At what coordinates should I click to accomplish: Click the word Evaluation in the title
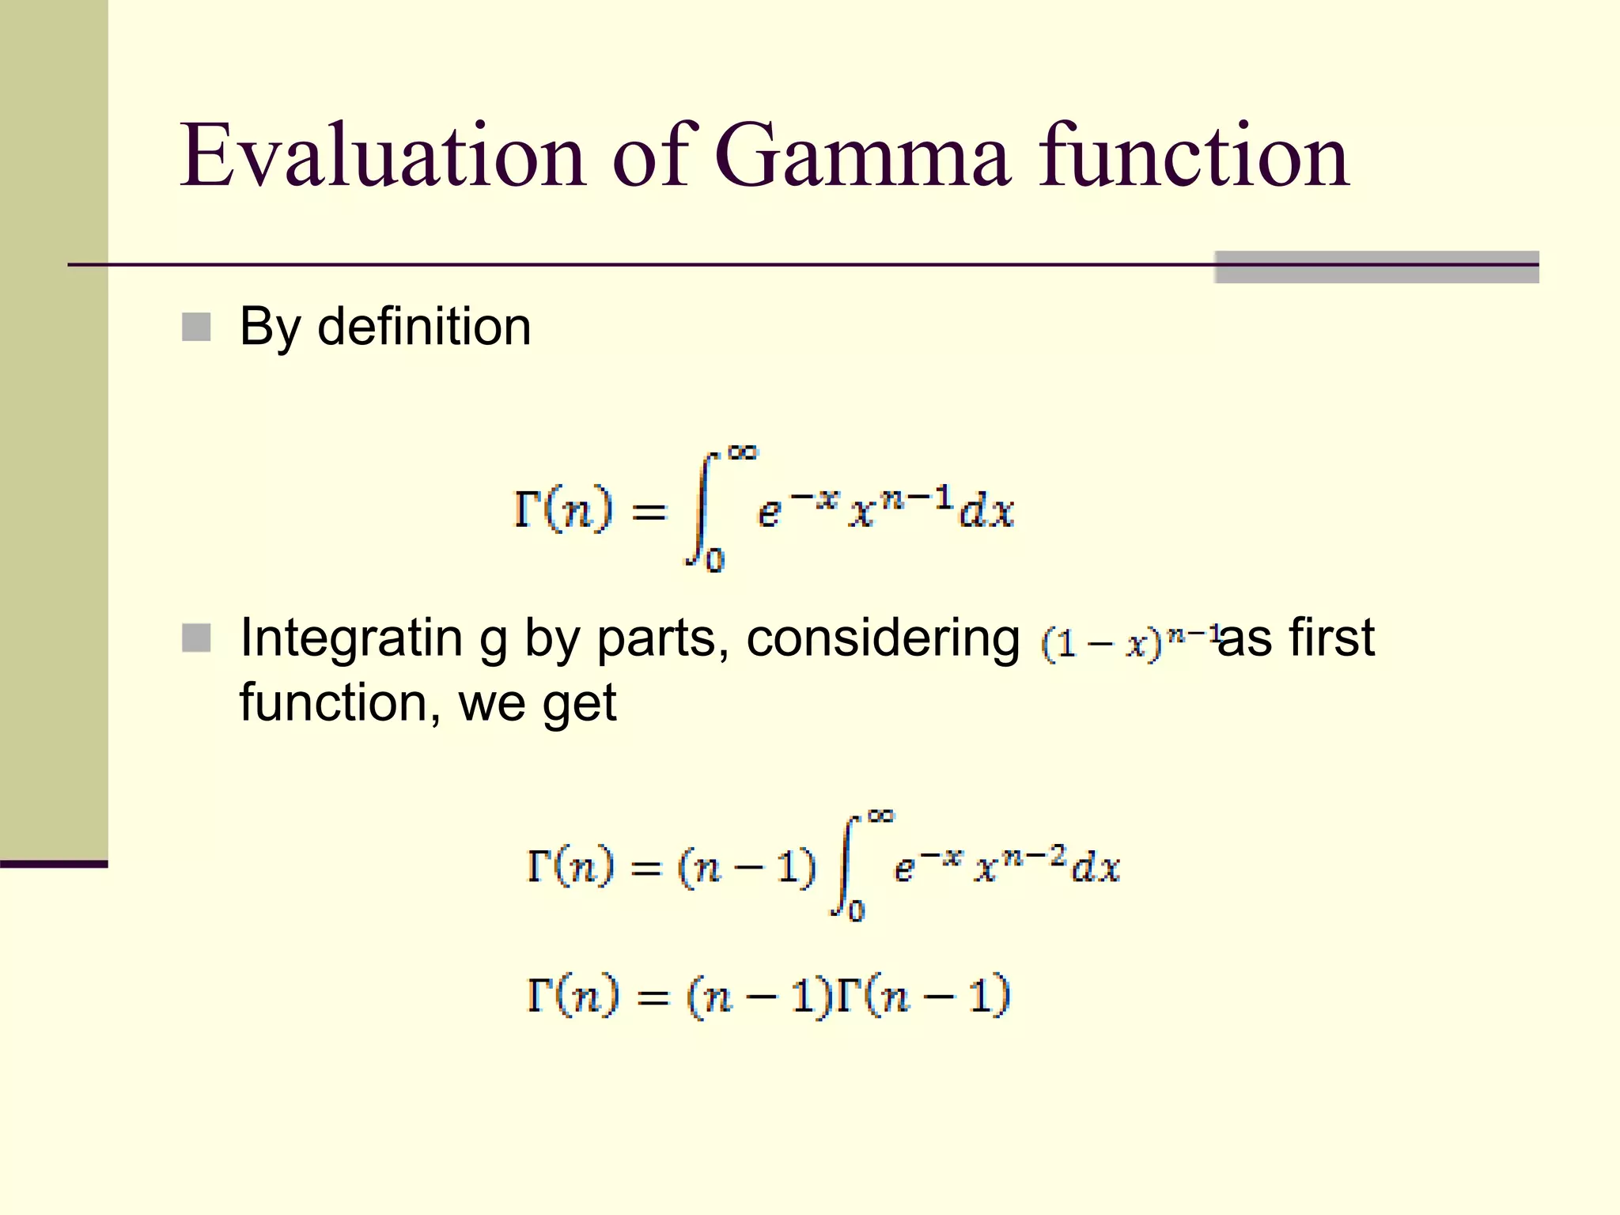point(383,157)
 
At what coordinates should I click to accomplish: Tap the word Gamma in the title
point(862,157)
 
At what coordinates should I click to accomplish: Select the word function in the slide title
point(1194,157)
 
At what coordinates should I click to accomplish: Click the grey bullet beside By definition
point(196,327)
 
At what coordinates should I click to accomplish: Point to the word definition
point(424,326)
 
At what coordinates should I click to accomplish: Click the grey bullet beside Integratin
point(196,638)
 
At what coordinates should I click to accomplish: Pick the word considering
point(883,639)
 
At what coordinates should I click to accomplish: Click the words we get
point(537,702)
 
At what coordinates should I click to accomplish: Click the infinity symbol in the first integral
point(742,452)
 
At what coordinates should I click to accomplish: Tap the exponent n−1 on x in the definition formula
point(918,498)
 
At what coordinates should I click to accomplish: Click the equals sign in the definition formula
point(649,513)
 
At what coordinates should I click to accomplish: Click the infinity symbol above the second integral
point(880,816)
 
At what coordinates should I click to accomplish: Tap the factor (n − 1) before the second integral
point(747,868)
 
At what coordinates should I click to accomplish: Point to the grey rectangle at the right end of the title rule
point(1376,267)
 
